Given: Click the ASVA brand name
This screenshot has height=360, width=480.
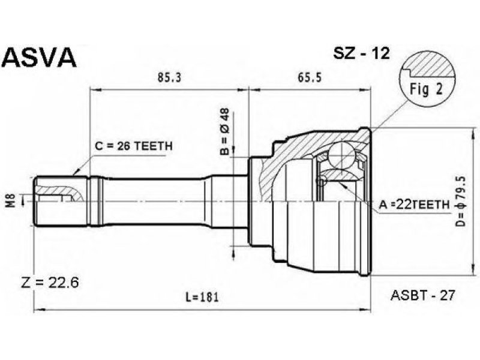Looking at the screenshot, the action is pyautogui.click(x=39, y=57).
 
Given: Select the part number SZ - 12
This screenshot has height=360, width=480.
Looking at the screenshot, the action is pyautogui.click(x=361, y=53).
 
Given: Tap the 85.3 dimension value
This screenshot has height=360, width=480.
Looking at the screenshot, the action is pyautogui.click(x=169, y=78).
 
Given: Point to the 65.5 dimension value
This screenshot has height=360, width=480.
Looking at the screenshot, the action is pyautogui.click(x=310, y=78).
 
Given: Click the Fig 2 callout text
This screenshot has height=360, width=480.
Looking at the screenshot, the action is pyautogui.click(x=426, y=91).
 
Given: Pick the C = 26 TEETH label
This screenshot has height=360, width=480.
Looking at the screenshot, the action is pyautogui.click(x=133, y=146).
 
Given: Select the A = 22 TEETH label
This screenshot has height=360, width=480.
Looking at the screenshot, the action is pyautogui.click(x=415, y=204).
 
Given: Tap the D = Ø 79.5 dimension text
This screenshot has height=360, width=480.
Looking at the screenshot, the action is pyautogui.click(x=461, y=201).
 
